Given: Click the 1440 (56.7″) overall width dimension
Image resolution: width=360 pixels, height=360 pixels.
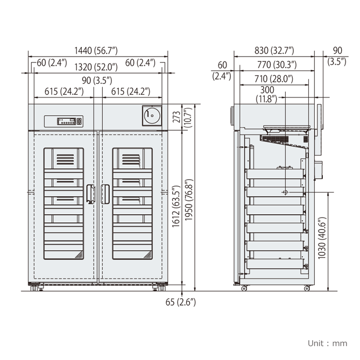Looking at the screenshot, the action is click(96, 51).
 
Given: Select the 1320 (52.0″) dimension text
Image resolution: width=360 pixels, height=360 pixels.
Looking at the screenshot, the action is click(96, 67).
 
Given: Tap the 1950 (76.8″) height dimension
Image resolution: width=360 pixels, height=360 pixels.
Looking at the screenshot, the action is click(189, 200).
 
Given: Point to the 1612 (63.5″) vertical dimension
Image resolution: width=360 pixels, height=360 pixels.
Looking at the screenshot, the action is click(176, 206).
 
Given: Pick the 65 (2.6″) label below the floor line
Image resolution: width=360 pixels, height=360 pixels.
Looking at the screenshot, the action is click(181, 302).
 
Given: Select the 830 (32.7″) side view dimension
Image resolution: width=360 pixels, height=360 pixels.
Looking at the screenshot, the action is click(274, 51).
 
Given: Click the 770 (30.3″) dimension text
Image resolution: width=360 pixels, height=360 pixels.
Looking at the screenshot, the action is click(277, 65).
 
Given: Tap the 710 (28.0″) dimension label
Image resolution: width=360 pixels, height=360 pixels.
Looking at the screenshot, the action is click(274, 79).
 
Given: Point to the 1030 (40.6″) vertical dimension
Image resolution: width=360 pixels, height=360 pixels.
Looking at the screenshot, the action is click(322, 238).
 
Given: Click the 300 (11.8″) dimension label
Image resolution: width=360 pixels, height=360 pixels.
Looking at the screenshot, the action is click(267, 94).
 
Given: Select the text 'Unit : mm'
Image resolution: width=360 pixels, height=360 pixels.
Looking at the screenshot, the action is click(327, 343).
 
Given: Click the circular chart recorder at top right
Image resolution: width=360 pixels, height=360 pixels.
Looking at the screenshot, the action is click(152, 115).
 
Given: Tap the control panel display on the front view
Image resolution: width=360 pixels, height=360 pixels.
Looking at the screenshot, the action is click(67, 121).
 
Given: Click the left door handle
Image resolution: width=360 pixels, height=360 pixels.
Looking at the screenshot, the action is click(91, 194).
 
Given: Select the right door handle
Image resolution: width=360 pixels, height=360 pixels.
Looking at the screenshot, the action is click(105, 194).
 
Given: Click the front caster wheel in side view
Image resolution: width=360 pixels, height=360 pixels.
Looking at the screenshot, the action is click(244, 288).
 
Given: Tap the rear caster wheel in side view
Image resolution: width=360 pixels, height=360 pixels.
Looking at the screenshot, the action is click(307, 288).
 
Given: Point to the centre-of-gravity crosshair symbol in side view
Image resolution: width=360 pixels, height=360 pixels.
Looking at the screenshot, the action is click(285, 192).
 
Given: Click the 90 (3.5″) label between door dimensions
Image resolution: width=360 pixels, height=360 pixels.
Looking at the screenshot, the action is click(97, 81).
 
